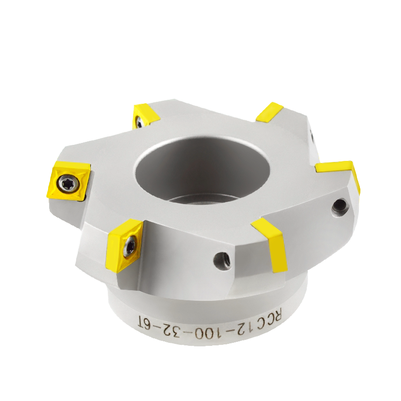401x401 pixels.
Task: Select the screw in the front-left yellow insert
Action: pyautogui.click(x=129, y=246)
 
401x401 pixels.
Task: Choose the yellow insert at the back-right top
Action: pyautogui.click(x=270, y=112)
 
